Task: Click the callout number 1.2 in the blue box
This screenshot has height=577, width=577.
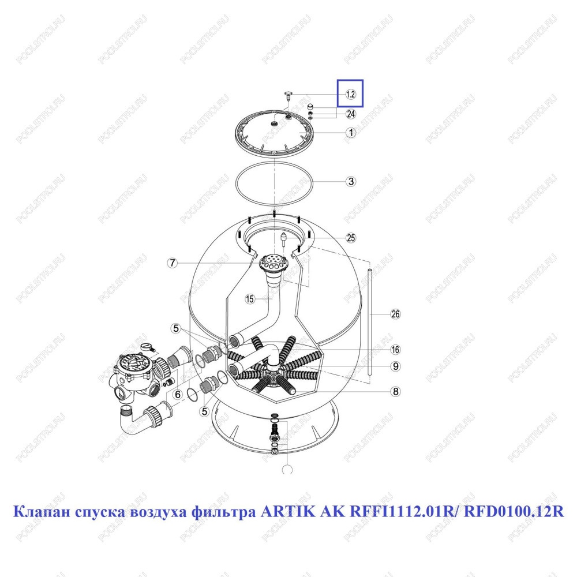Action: click(x=351, y=94)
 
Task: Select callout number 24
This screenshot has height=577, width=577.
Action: click(x=351, y=114)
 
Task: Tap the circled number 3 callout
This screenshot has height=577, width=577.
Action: click(x=351, y=181)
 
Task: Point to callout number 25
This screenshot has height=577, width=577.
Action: click(x=351, y=238)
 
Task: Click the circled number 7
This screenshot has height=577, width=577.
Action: click(x=173, y=263)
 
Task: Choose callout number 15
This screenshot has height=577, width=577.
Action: click(x=250, y=299)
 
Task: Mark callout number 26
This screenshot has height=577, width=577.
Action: click(x=396, y=314)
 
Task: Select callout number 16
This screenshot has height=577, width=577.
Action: click(x=396, y=349)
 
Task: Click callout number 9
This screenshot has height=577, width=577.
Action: click(x=396, y=366)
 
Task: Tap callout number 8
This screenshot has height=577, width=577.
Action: click(x=396, y=392)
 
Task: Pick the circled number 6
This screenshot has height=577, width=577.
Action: click(x=178, y=395)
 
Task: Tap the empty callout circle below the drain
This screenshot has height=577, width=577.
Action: click(x=287, y=470)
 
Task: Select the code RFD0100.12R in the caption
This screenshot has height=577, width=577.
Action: click(x=514, y=512)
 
